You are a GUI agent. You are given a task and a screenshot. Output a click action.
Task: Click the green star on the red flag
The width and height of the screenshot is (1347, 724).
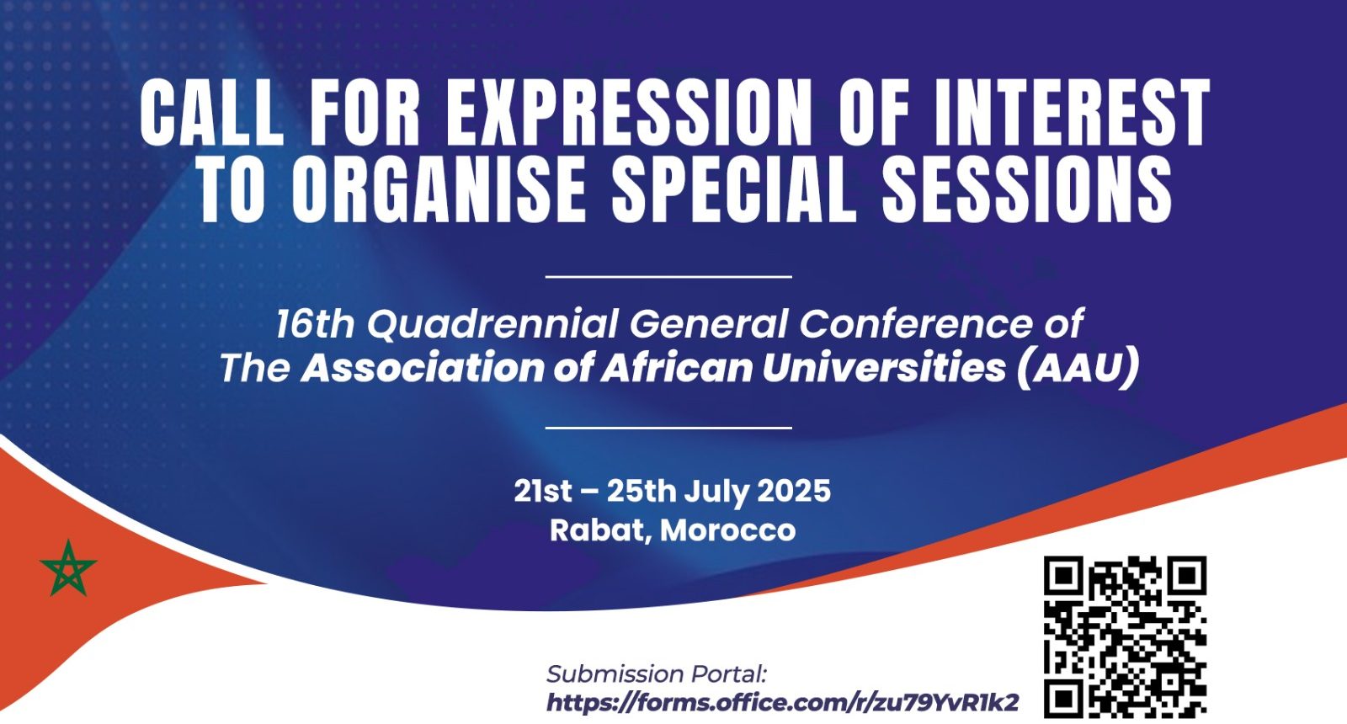68,569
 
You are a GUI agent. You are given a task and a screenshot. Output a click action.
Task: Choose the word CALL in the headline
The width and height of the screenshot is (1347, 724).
211,113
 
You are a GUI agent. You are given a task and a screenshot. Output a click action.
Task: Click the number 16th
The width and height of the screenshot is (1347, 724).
316,324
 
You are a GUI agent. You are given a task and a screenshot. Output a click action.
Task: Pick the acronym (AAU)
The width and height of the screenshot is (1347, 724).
1078,367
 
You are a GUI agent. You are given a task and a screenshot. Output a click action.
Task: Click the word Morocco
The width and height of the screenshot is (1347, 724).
727,530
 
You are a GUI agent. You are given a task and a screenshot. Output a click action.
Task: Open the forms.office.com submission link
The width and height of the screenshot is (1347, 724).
783,702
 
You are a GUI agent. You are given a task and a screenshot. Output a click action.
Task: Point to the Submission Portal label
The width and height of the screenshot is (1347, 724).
657,674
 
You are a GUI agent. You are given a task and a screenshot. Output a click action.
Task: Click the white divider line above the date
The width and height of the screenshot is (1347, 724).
668,429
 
